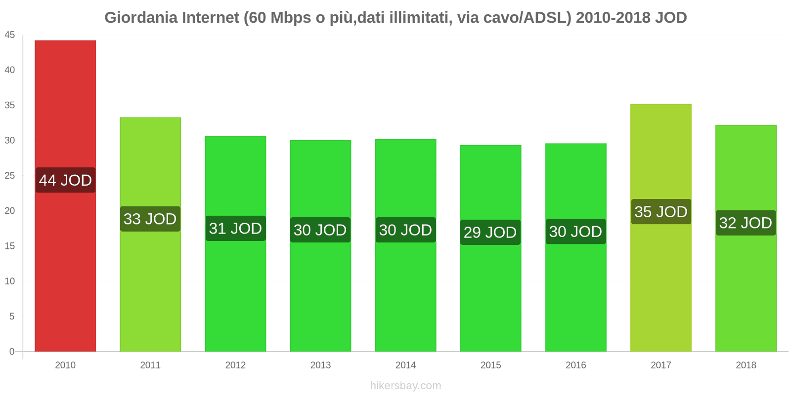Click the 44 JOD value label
click(x=65, y=180)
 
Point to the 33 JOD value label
click(x=150, y=219)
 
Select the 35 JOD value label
click(x=660, y=212)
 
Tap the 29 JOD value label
click(x=490, y=232)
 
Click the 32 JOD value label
click(x=746, y=223)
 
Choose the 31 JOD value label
click(x=235, y=228)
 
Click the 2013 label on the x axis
click(x=320, y=365)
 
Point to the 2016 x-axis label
click(x=575, y=365)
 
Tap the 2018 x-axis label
click(x=746, y=365)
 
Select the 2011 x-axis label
click(x=150, y=365)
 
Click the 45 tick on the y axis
click(x=10, y=35)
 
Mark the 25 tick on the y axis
click(x=10, y=176)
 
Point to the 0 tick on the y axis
click(x=12, y=352)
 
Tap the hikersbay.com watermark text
click(x=405, y=385)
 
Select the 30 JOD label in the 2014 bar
click(x=405, y=230)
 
